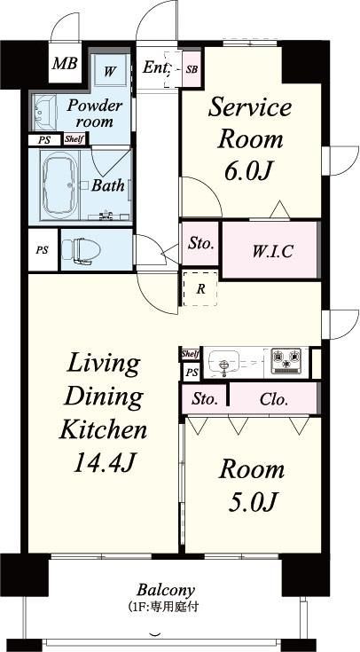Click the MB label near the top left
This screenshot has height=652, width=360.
65,64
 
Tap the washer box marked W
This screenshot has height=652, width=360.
109,71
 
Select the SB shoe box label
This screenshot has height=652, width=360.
192,69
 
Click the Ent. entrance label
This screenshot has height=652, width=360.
156,67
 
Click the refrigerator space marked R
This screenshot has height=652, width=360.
200,288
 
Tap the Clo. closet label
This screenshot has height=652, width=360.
273,400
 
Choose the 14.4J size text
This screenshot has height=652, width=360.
105,462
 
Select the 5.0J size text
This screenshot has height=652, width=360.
252,501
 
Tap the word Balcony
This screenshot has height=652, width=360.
166,590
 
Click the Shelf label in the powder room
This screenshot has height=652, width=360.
74,139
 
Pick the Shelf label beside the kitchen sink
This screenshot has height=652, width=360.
191,354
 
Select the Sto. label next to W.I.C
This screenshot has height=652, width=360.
200,243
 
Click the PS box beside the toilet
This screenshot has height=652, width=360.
43,250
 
